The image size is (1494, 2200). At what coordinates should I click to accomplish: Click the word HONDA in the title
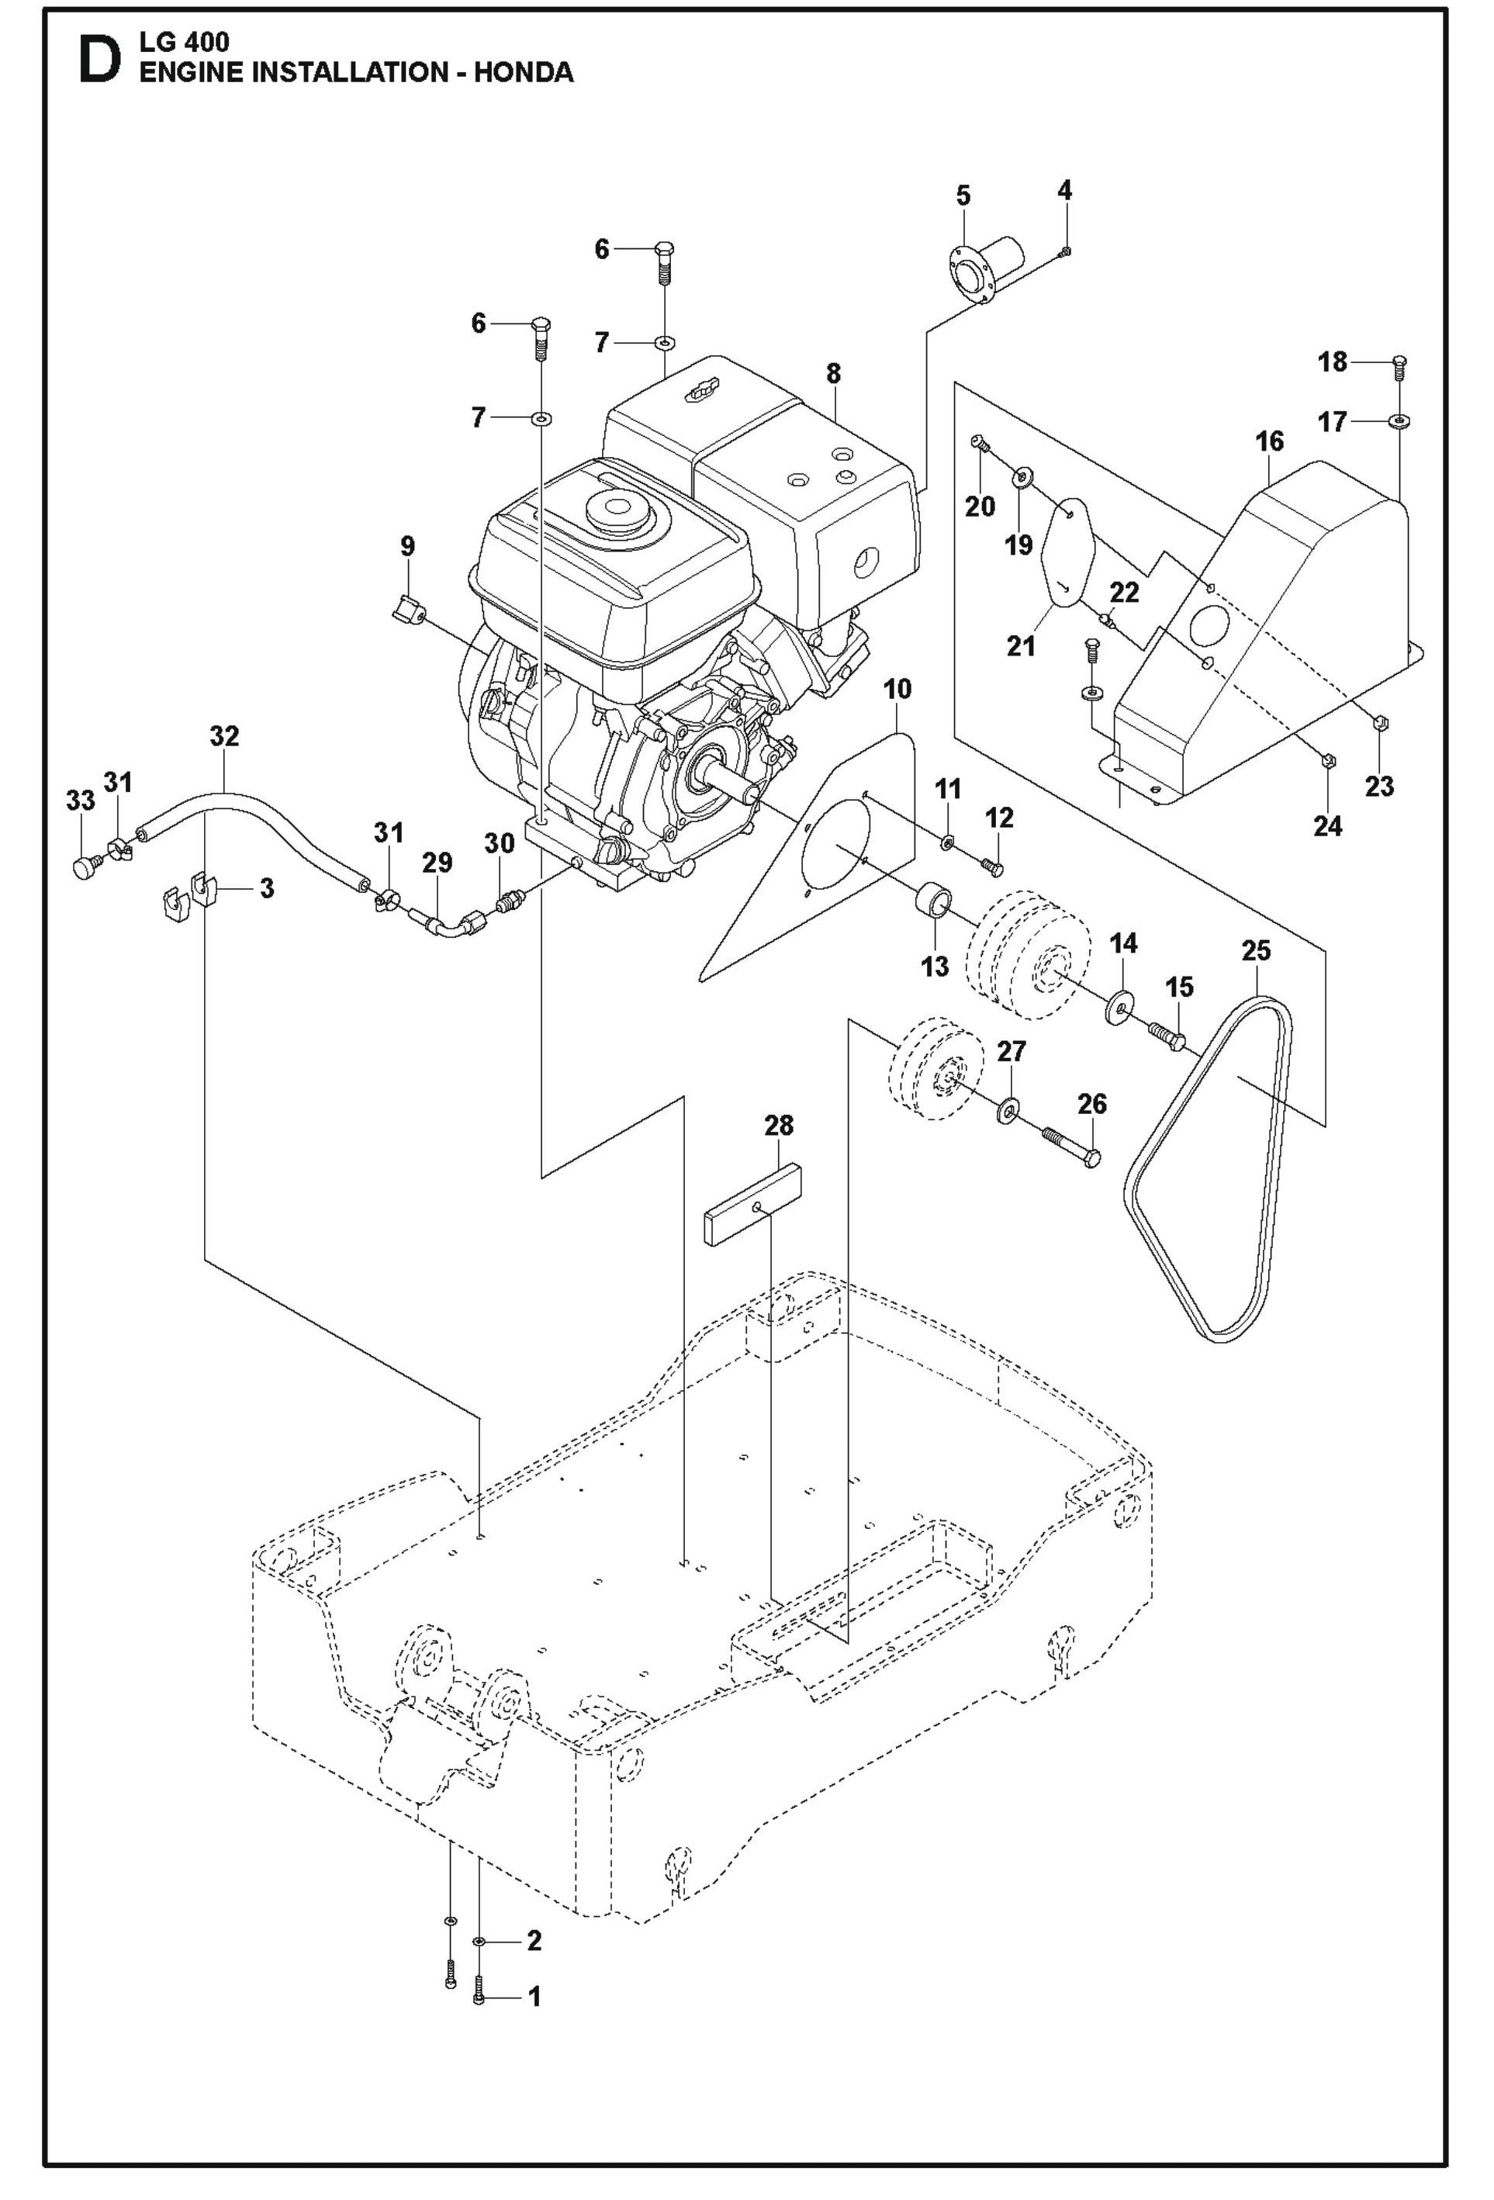tap(523, 73)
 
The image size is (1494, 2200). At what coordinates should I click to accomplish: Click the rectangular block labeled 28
tap(752, 1207)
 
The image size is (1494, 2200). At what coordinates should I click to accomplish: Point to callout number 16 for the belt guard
tap(1269, 441)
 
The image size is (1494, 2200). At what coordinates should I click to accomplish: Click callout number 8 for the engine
tap(832, 373)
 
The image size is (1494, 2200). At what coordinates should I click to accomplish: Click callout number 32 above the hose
tap(224, 735)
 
